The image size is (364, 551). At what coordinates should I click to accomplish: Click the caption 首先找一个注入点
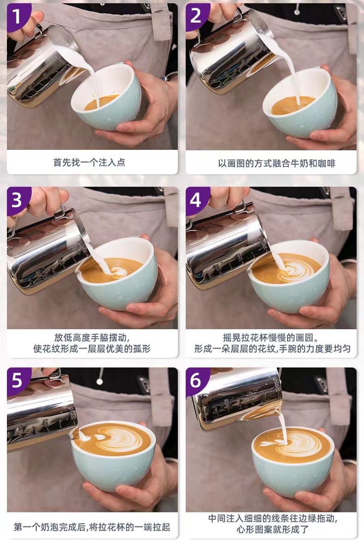pyautogui.click(x=89, y=162)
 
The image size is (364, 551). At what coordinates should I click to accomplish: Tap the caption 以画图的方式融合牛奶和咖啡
pyautogui.click(x=276, y=163)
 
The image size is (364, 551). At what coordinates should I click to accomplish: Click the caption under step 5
pyautogui.click(x=92, y=527)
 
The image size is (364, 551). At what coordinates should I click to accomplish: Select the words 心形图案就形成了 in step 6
pyautogui.click(x=272, y=529)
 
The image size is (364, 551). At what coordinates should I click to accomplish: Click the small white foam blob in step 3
pyautogui.click(x=118, y=271)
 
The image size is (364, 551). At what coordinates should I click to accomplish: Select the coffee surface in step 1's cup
pyautogui.click(x=101, y=102)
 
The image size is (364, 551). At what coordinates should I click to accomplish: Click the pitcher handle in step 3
pyautogui.click(x=60, y=213)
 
